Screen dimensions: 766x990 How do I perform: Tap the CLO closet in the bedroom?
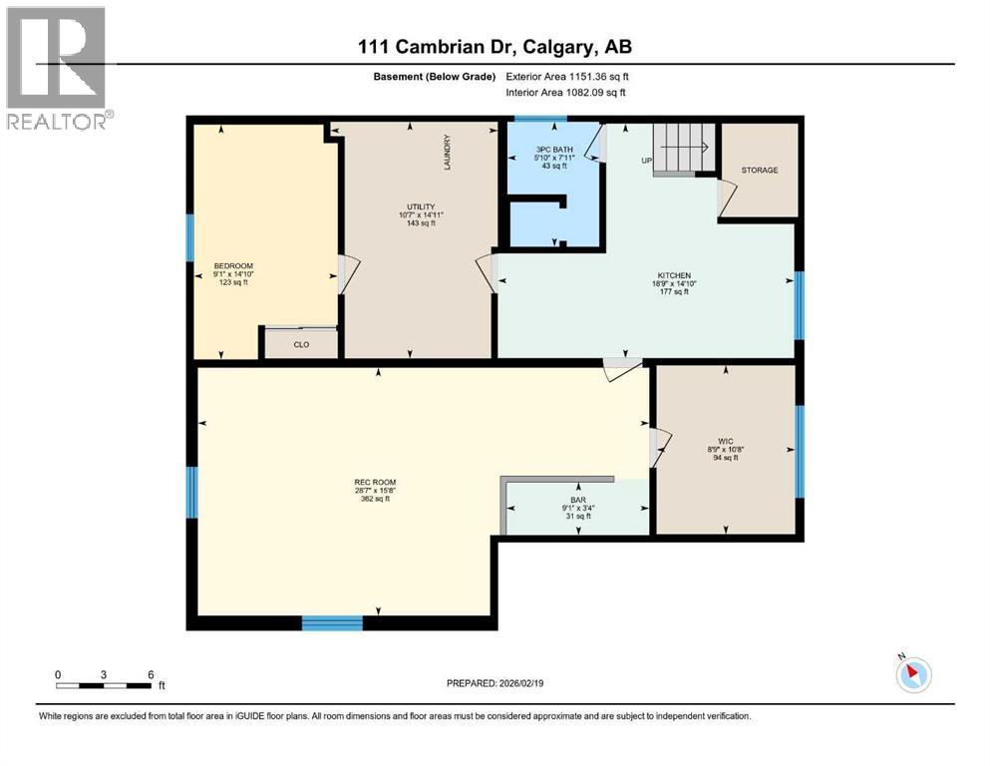coord(301,344)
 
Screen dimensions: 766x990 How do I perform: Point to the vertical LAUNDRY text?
coord(448,153)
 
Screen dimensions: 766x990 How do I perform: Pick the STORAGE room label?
coord(759,171)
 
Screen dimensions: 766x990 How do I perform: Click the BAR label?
coord(576,499)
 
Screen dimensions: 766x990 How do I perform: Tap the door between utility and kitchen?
coord(487,271)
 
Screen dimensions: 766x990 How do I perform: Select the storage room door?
coord(726,198)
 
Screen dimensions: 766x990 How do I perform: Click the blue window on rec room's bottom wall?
coord(332,623)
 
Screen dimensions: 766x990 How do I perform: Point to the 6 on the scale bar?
coord(151,673)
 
